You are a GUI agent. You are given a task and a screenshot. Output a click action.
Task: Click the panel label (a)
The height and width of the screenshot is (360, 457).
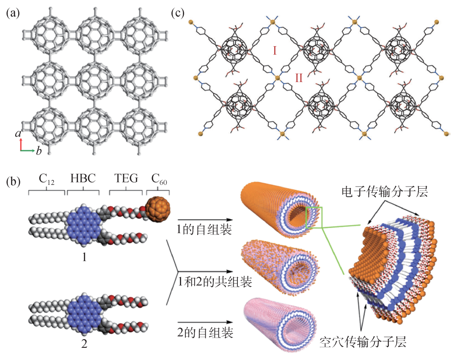12,13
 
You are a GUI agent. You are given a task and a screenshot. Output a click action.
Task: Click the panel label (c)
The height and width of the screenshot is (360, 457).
177,13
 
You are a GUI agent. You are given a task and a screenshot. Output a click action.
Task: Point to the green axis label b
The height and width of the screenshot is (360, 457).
39,151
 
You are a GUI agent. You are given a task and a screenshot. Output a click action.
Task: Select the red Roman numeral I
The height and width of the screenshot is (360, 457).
275,51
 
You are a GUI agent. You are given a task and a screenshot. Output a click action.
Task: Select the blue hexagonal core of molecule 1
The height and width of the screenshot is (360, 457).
83,225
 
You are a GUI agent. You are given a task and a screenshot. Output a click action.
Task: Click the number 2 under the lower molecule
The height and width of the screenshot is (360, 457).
84,344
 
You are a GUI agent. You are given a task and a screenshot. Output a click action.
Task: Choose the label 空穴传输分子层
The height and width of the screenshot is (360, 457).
363,342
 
